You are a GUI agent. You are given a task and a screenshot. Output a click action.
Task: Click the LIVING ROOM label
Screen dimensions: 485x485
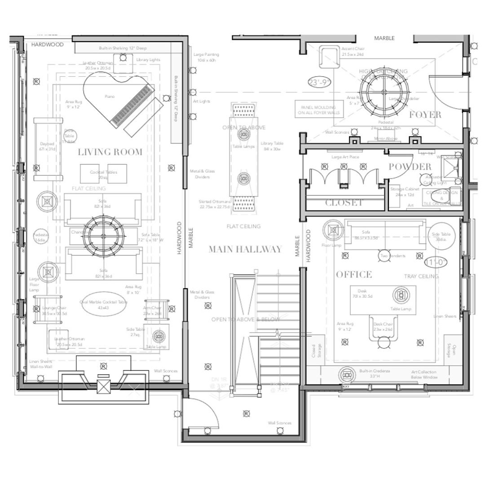coord(110,152)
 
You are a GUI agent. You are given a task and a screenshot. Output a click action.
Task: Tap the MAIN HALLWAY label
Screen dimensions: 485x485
coord(245,249)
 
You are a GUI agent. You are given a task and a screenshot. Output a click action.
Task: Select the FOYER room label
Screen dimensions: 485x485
coord(425,115)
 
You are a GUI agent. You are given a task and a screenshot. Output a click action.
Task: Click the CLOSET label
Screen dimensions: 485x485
coord(344,203)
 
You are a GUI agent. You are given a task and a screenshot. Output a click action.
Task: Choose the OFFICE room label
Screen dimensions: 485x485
coord(354,274)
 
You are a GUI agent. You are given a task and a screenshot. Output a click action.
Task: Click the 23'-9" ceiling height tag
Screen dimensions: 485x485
coord(319,82)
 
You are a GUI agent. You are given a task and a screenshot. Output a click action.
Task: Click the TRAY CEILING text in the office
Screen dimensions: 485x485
coord(421,276)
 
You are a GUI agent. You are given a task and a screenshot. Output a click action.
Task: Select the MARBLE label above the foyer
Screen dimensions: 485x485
coord(384,38)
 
